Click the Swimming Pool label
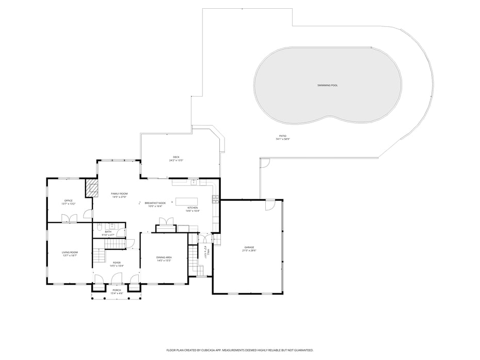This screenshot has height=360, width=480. point(327,85)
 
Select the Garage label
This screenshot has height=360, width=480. point(249,247)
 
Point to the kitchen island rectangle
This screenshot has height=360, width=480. point(187,201)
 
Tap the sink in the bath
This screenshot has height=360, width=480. point(111,226)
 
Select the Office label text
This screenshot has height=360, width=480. point(68,200)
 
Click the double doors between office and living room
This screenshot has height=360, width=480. point(69,219)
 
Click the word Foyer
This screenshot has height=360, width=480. point(117,262)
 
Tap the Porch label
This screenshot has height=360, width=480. point(117,290)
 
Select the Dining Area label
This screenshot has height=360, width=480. point(164,257)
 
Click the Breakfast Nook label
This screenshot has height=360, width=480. point(155,203)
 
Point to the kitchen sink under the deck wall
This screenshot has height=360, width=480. point(194,181)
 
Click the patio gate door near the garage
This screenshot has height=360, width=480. point(264,163)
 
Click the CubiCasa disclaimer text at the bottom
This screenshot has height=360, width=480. point(239,350)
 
